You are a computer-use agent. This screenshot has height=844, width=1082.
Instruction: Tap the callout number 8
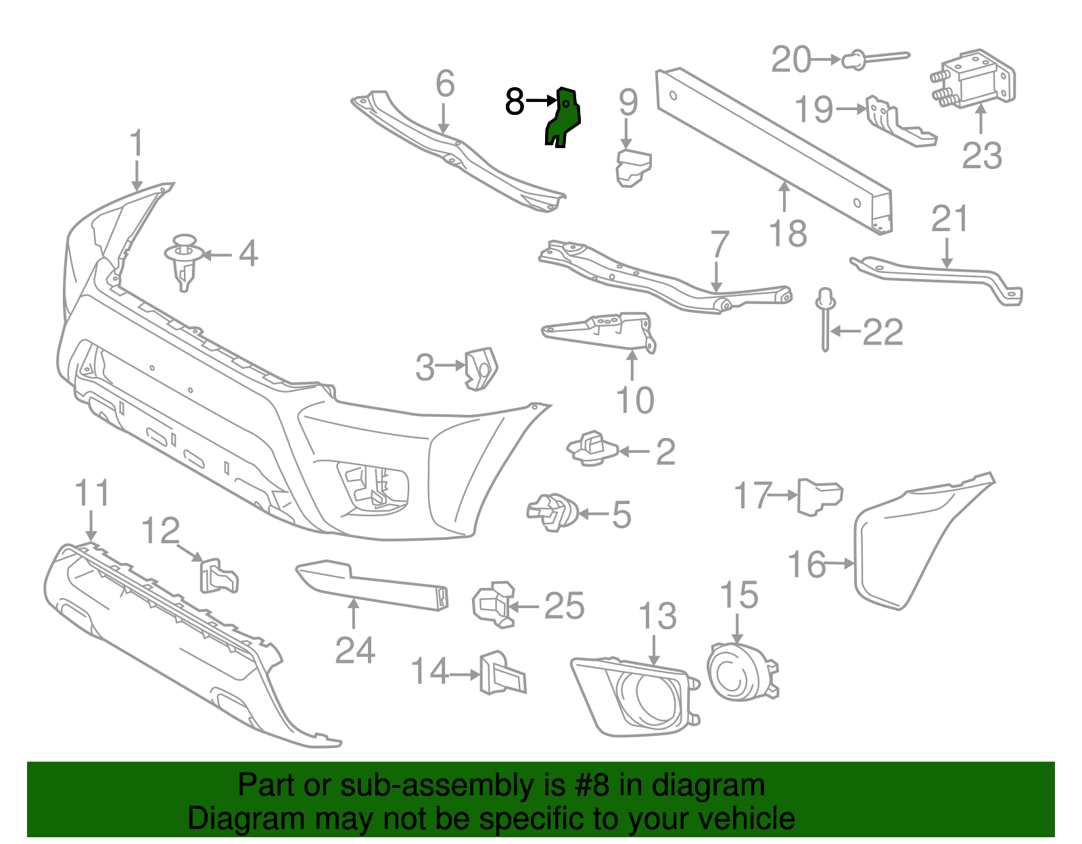pyautogui.click(x=515, y=102)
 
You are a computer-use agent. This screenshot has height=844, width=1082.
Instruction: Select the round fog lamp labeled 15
pyautogui.click(x=738, y=672)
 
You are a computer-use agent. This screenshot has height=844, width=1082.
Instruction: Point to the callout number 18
pyautogui.click(x=788, y=234)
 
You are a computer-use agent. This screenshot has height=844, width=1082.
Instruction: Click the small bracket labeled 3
pyautogui.click(x=481, y=368)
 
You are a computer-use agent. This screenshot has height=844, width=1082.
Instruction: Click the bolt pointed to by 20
pyautogui.click(x=872, y=58)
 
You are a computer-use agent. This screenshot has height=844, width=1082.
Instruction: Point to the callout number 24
pyautogui.click(x=355, y=650)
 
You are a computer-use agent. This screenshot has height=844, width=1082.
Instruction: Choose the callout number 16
pyautogui.click(x=807, y=564)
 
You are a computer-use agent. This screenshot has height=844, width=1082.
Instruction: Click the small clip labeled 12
pyautogui.click(x=218, y=576)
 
